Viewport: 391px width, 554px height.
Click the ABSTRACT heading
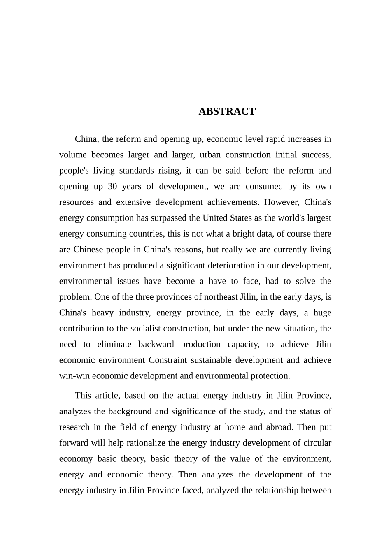click(227, 111)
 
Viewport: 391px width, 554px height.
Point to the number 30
click(112, 186)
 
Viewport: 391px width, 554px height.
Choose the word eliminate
click(114, 344)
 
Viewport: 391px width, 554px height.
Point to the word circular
click(317, 443)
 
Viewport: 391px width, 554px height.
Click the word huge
click(322, 312)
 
